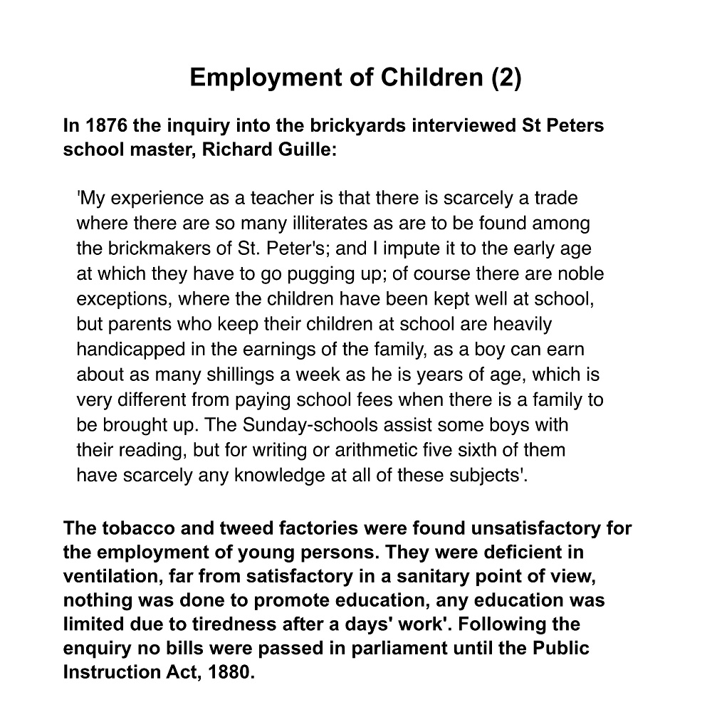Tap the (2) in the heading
point(506,77)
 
